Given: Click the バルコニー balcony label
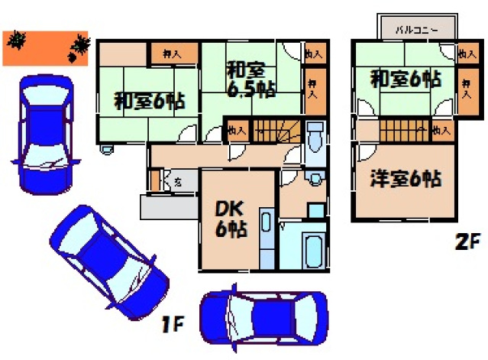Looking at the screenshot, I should click(416, 30).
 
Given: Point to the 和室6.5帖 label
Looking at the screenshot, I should click(250, 79).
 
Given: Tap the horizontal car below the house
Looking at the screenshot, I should click(263, 317).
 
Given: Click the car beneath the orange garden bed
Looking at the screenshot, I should click(44, 134).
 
